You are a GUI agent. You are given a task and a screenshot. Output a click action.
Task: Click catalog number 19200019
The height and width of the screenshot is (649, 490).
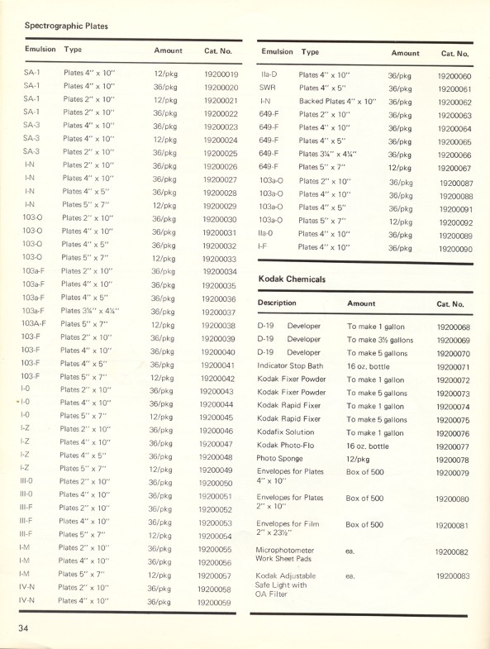click(221, 74)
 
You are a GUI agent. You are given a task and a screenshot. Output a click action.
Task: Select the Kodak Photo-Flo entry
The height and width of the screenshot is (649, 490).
click(293, 446)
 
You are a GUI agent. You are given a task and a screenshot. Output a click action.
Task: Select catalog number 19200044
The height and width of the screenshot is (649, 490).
click(217, 403)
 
